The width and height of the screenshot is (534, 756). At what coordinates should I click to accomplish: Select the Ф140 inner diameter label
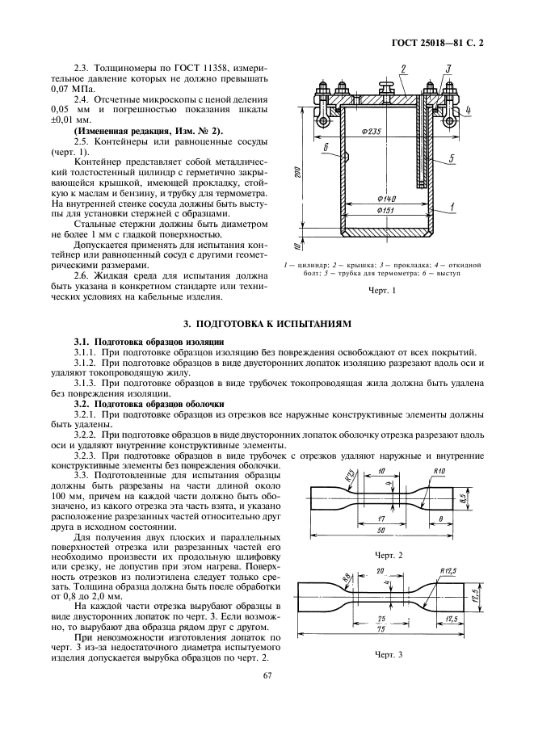click(385, 198)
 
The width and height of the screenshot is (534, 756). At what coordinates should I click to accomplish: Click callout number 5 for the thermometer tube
click(452, 158)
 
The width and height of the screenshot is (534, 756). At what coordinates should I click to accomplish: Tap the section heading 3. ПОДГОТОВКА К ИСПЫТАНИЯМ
click(267, 323)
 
